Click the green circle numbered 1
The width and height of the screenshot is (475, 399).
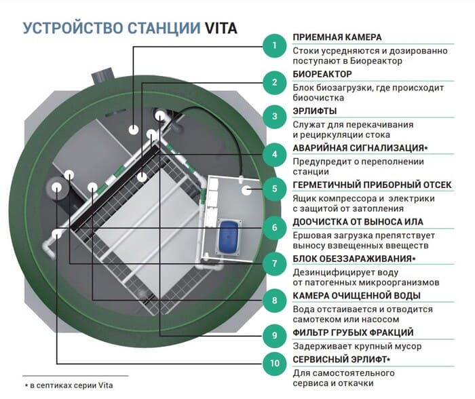pos(274,45)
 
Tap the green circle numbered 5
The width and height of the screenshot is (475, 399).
pos(274,189)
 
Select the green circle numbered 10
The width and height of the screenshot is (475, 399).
pos(274,363)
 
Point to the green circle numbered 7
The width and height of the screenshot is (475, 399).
pos(274,263)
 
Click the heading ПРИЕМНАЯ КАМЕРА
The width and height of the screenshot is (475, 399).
pos(337,37)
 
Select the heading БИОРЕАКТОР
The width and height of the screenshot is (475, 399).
pos(322,74)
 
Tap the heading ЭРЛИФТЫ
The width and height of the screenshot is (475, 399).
pos(314,111)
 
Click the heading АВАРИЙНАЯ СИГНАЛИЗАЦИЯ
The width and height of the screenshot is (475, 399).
pos(358,148)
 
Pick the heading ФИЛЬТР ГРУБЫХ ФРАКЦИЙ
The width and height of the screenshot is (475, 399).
pos(353,332)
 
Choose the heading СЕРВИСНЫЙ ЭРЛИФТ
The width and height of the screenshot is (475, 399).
pos(339,360)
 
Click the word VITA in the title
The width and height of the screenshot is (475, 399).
pos(221,28)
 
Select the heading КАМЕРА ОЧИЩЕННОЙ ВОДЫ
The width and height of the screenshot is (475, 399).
pos(356,296)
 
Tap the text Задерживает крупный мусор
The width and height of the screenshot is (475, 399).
pos(357,346)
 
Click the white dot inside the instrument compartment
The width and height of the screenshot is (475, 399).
pos(247,190)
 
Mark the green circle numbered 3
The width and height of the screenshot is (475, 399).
pos(274,116)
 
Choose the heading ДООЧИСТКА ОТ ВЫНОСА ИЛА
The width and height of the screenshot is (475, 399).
pos(358,222)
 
